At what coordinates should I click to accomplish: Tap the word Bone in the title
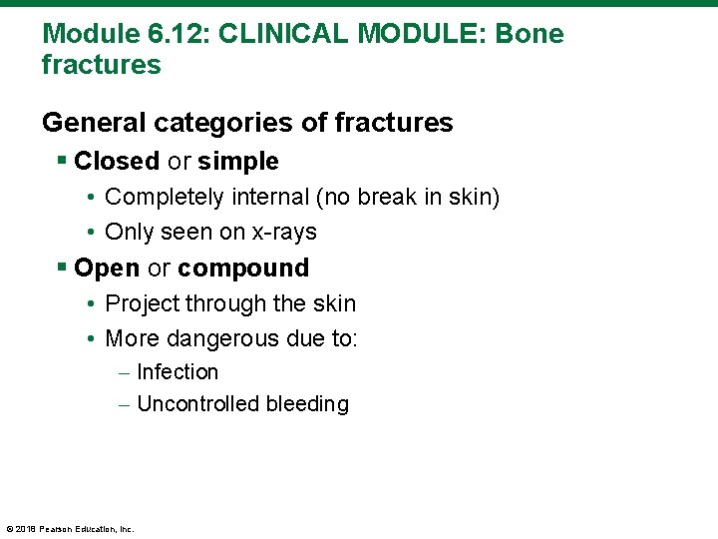pyautogui.click(x=529, y=34)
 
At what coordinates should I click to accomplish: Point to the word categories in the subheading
pyautogui.click(x=222, y=123)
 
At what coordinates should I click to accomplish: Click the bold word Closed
pyautogui.click(x=117, y=162)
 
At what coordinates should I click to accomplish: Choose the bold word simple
pyautogui.click(x=238, y=162)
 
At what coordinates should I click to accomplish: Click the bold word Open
pyautogui.click(x=107, y=269)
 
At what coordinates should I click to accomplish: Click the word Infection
pyautogui.click(x=178, y=372)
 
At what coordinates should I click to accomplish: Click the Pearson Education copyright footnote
pyautogui.click(x=70, y=529)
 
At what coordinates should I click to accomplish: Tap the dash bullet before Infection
pyautogui.click(x=123, y=372)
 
